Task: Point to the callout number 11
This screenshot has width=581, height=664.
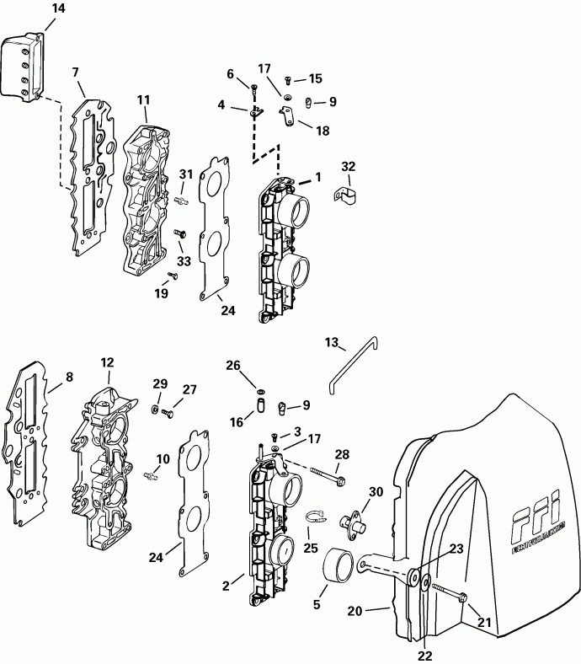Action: [144, 100]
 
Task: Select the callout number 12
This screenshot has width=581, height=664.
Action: [107, 362]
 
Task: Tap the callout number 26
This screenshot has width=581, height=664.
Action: [232, 366]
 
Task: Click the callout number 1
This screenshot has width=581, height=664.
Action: [317, 178]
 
